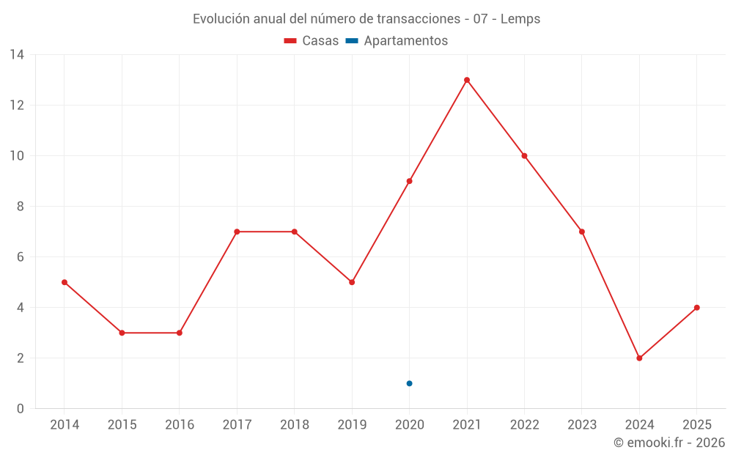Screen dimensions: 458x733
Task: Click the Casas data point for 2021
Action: pyautogui.click(x=467, y=80)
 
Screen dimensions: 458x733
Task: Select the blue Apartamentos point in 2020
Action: pyautogui.click(x=409, y=383)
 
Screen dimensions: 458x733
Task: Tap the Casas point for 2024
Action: pyautogui.click(x=639, y=358)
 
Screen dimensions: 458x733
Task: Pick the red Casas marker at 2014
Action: pyautogui.click(x=65, y=282)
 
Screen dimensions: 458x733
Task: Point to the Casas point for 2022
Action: pyautogui.click(x=524, y=155)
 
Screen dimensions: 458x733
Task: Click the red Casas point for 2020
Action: pyautogui.click(x=409, y=181)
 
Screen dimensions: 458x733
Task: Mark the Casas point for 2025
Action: pyautogui.click(x=696, y=308)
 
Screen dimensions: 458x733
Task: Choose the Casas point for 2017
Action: pyautogui.click(x=237, y=232)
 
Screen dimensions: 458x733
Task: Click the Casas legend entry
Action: pyautogui.click(x=312, y=41)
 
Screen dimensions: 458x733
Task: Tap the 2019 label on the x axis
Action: pyautogui.click(x=352, y=425)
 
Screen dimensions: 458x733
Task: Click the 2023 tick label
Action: pyautogui.click(x=582, y=425)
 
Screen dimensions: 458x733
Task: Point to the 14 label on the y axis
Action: pyautogui.click(x=17, y=55)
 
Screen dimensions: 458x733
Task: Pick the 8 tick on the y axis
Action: pyautogui.click(x=21, y=207)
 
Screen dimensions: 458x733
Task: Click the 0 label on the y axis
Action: pyautogui.click(x=21, y=409)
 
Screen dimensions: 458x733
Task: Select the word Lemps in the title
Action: pyautogui.click(x=520, y=19)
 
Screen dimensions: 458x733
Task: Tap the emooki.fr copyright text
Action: pyautogui.click(x=669, y=443)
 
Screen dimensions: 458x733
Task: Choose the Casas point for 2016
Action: pyautogui.click(x=180, y=333)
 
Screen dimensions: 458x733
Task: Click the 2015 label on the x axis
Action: pyautogui.click(x=122, y=425)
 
